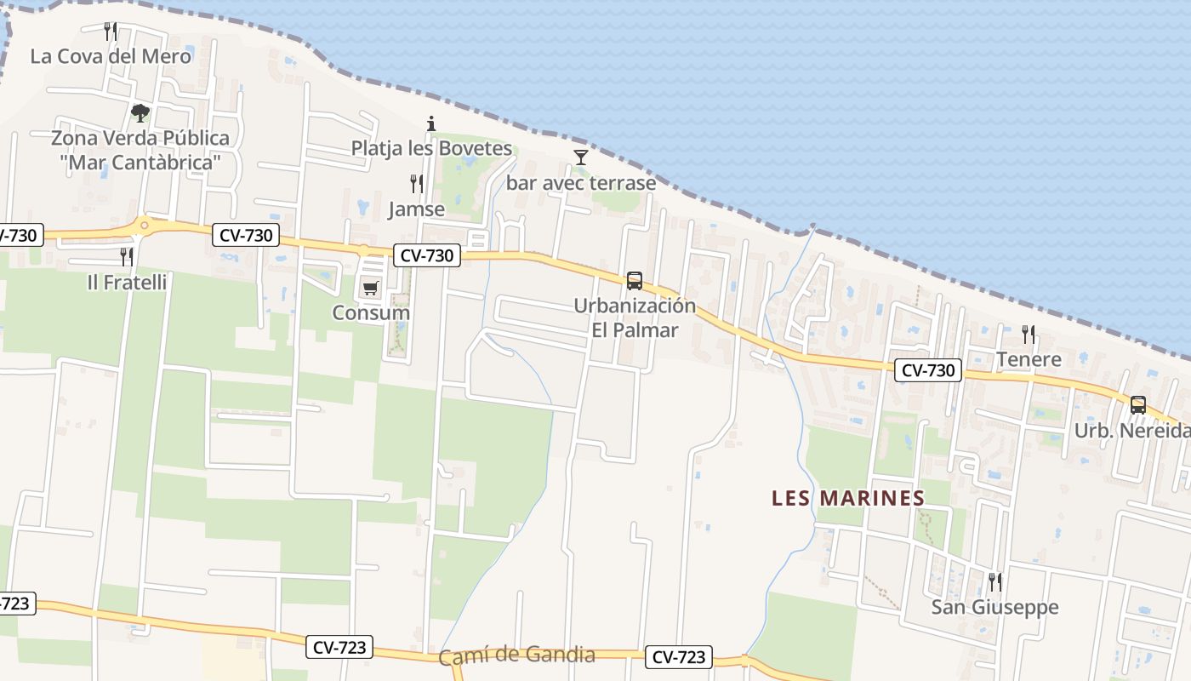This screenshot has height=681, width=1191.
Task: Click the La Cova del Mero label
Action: (x=111, y=56)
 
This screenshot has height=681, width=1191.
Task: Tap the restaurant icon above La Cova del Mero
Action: (x=111, y=31)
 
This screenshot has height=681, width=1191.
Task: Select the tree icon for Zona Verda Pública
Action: (x=140, y=112)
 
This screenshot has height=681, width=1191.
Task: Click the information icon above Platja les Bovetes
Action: (x=431, y=123)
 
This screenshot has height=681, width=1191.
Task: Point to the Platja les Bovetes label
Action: (x=431, y=148)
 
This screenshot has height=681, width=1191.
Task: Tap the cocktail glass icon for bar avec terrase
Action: (x=581, y=157)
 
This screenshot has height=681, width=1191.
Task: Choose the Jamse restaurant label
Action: (x=416, y=209)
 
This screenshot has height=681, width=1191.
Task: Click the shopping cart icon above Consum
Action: (x=370, y=288)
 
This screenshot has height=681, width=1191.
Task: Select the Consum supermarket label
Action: (x=371, y=312)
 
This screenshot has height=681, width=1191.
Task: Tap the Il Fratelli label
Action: (x=127, y=282)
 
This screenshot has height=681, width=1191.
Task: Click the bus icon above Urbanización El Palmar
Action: (x=634, y=280)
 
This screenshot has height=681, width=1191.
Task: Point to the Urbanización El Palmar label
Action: (x=635, y=318)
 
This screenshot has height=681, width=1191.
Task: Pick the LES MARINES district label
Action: (x=847, y=498)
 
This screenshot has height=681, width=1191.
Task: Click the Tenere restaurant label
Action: (x=1029, y=359)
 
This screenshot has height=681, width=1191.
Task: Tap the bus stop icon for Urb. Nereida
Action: (x=1138, y=405)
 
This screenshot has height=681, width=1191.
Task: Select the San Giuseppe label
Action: (x=994, y=607)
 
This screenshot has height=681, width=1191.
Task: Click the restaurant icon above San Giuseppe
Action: (x=994, y=582)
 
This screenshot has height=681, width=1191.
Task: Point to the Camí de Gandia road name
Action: (x=516, y=655)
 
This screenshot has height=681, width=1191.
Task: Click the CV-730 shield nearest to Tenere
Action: (x=927, y=370)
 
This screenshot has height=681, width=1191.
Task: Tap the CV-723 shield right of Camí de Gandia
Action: (x=678, y=657)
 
